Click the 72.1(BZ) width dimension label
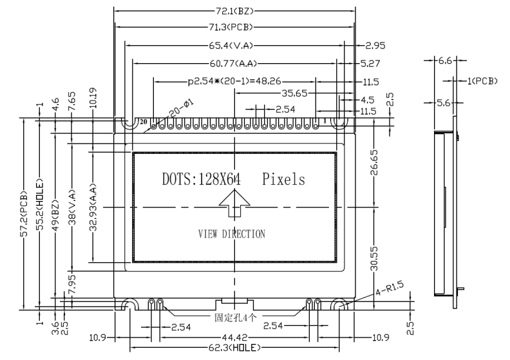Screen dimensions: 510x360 point(234,11)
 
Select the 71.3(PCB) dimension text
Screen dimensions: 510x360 point(231,27)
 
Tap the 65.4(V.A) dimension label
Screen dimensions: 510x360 point(231,46)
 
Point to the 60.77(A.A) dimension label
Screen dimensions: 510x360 point(233,63)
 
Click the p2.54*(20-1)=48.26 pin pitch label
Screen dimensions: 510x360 point(234,81)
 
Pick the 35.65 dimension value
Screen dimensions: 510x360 point(294,93)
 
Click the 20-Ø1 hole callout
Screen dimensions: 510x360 point(181,109)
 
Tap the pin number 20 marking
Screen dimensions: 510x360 point(144,122)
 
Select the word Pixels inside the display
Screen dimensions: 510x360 point(283,179)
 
